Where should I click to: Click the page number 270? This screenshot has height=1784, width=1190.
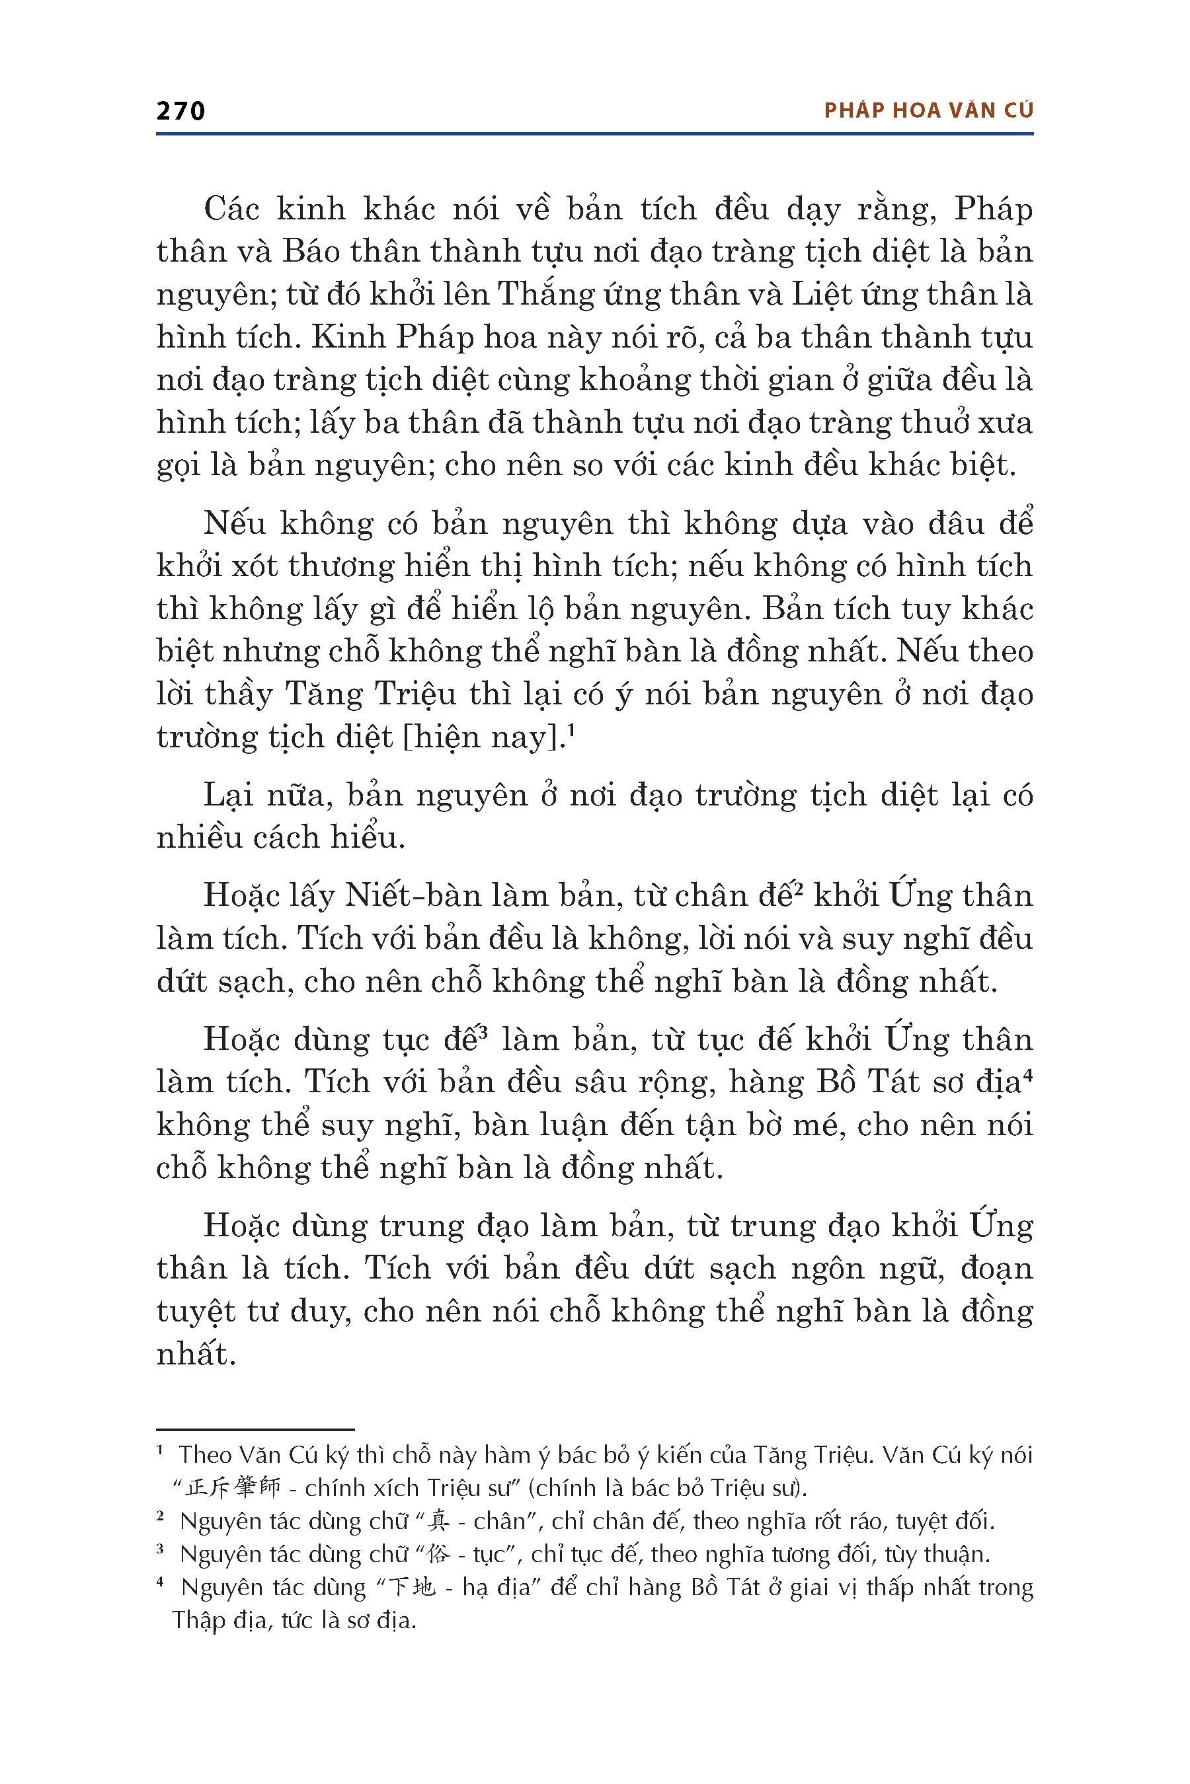pos(180,112)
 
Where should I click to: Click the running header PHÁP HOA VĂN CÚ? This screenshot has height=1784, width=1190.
pos(928,111)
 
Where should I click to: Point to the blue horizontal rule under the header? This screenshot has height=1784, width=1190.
pos(594,134)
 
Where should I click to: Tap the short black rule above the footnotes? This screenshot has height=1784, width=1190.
pos(255,1430)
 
